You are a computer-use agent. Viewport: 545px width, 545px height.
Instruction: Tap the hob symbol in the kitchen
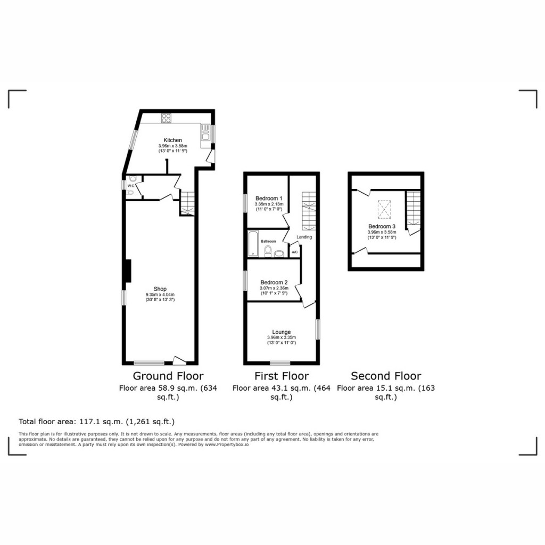tap(166, 119)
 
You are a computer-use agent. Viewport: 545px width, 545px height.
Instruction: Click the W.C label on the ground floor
tap(131, 186)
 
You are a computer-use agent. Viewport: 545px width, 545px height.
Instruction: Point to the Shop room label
tap(160, 290)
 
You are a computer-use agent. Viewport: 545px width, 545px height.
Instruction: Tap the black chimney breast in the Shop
tap(127, 270)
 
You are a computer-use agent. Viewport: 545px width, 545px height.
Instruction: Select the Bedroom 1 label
tap(269, 198)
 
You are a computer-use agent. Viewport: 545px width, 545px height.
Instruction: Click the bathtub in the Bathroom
tap(253, 244)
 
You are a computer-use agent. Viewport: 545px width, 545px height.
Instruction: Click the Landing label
tap(304, 237)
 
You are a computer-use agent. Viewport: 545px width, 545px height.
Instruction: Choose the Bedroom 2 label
tap(274, 283)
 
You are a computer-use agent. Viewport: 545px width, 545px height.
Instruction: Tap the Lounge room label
tap(281, 332)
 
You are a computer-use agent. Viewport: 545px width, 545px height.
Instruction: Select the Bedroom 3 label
tap(382, 227)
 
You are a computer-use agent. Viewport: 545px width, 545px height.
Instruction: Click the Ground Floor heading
tap(168, 376)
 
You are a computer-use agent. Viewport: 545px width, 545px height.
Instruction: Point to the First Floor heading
tap(281, 376)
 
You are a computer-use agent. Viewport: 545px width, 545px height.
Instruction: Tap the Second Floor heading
tap(386, 376)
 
